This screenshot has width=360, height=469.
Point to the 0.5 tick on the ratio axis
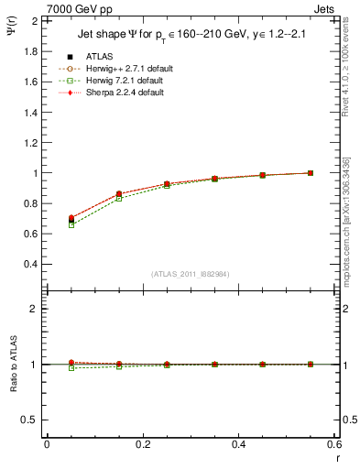tap(28, 420)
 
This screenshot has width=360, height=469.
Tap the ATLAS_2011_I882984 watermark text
tap(190, 274)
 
